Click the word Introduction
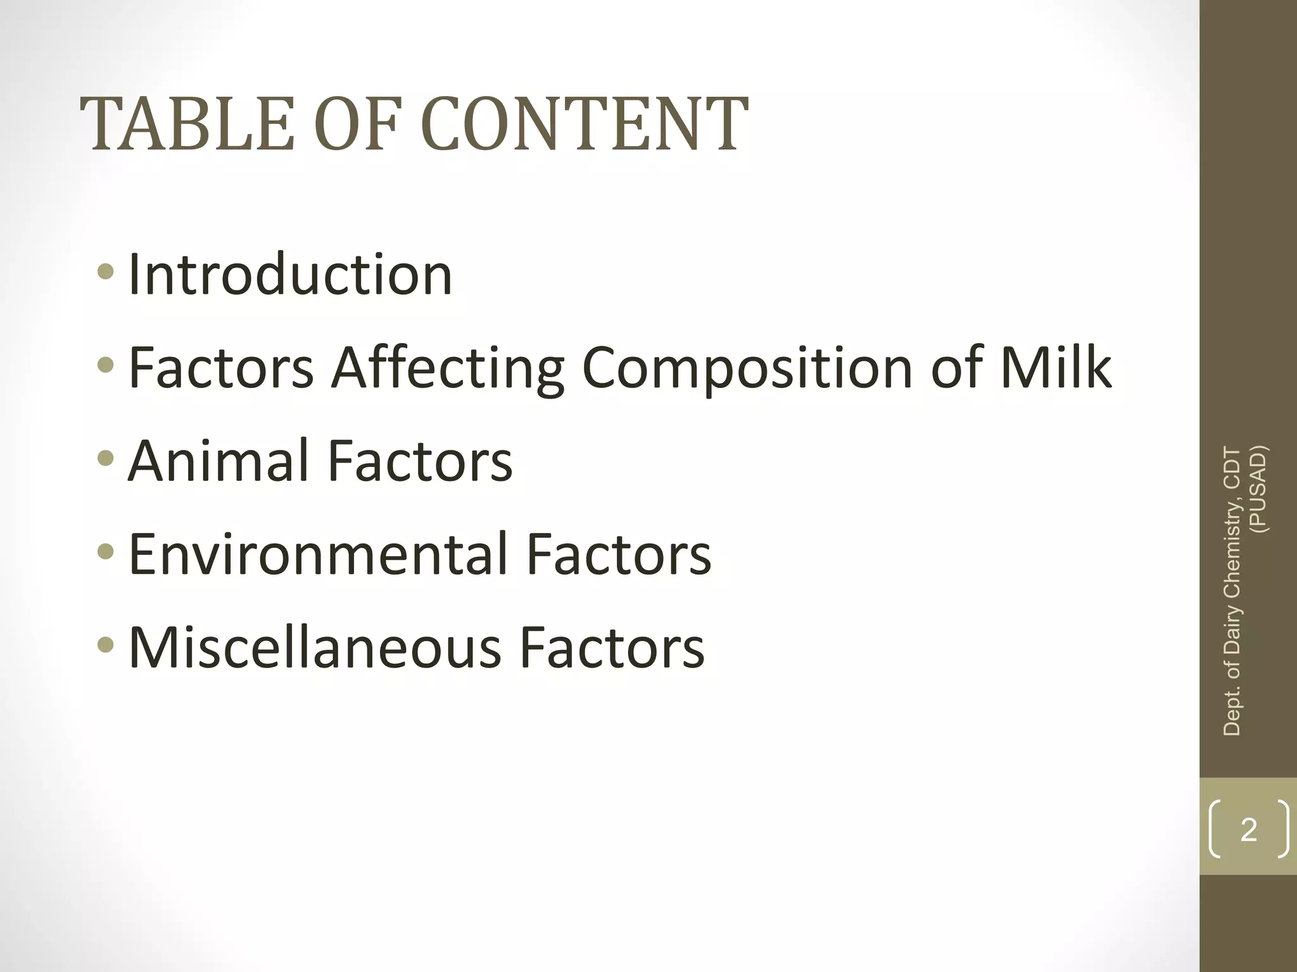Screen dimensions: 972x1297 [x=290, y=274]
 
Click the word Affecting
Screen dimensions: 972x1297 [x=448, y=368]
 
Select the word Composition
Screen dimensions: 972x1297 [x=747, y=368]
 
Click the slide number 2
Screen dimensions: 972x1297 [x=1248, y=830]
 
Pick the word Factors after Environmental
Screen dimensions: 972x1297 [x=619, y=554]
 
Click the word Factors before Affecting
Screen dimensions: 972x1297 [x=221, y=368]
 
